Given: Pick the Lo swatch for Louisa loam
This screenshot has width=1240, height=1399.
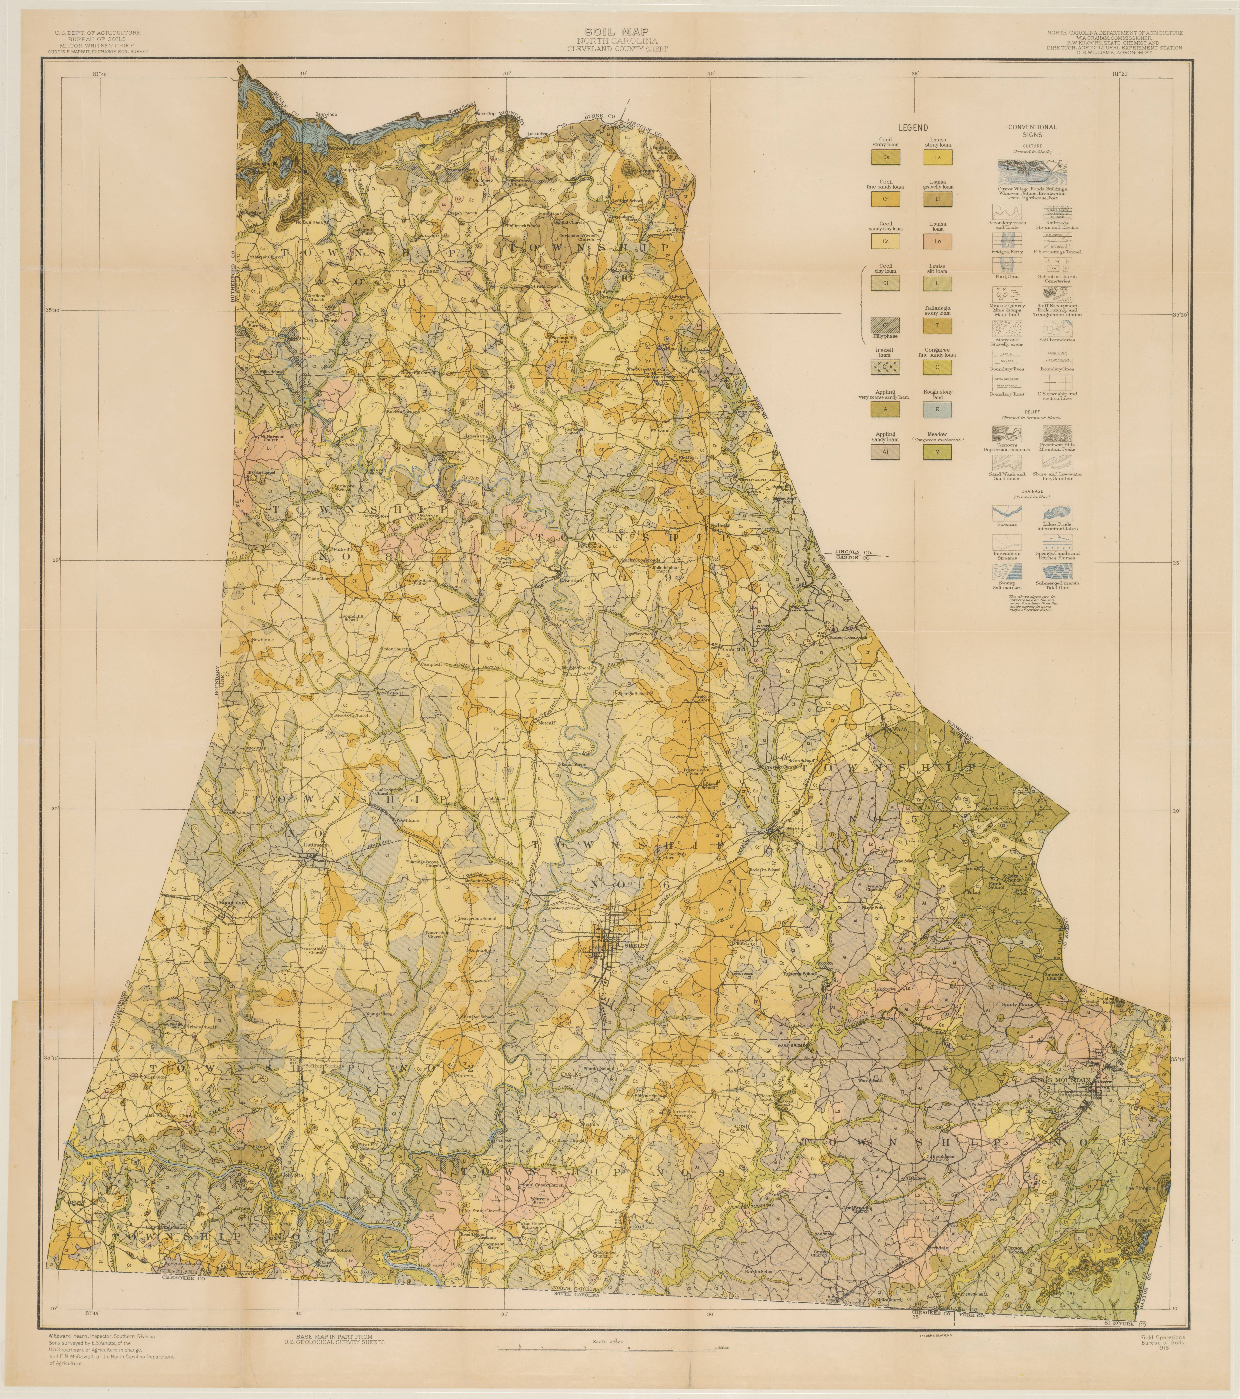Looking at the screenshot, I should click(937, 241).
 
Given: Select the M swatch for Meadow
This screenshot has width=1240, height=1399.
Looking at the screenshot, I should click(937, 452).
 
